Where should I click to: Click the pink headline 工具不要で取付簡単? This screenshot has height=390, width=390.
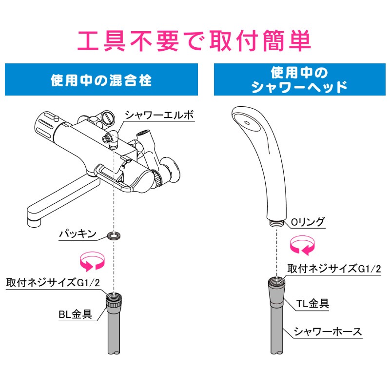coord(194,40)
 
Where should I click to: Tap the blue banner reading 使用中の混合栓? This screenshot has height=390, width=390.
coord(101,79)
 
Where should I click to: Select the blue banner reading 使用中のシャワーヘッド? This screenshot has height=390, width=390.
coord(299,79)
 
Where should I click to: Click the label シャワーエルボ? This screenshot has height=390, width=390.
coord(159,115)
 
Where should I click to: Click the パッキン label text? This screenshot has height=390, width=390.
coord(78,234)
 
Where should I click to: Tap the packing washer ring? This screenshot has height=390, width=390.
coord(114,235)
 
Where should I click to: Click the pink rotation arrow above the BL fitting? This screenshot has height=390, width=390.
coord(92,261)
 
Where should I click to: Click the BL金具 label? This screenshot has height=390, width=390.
coord(76,314)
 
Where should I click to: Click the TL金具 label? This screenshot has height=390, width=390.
coord(312,303)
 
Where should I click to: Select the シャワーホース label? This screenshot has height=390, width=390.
coord(328,331)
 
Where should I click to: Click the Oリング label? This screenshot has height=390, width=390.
coord(308,222)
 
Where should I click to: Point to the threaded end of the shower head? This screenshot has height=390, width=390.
coord(276,223)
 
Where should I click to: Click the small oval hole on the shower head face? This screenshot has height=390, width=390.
coord(247,123)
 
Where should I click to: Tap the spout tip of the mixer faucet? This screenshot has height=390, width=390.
coord(34,221)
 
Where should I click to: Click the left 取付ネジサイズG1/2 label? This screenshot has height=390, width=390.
coord(53,283)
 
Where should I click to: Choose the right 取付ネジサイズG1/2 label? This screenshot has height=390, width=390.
coord(334,269)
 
